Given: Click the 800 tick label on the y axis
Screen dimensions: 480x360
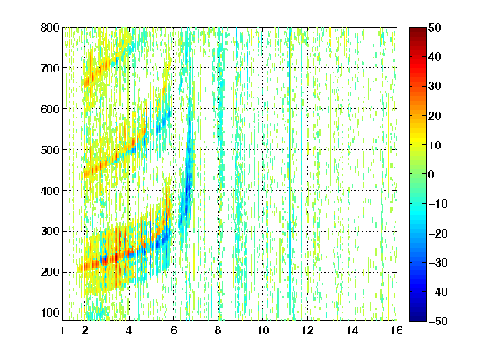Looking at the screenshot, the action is click(x=50, y=27).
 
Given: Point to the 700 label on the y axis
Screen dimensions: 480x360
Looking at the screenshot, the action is click(x=50, y=68).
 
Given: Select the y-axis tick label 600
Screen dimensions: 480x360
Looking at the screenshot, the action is click(x=50, y=109).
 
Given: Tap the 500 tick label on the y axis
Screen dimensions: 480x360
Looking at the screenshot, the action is click(x=50, y=150).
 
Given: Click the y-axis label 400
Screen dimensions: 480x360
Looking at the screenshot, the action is click(x=50, y=191).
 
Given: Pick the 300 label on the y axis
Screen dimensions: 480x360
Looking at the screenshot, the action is click(x=50, y=232).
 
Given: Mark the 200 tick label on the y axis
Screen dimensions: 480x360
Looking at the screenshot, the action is click(x=50, y=272).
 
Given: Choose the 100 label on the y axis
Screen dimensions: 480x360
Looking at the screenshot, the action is click(x=50, y=312).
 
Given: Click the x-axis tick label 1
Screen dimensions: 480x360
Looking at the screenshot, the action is click(x=62, y=330).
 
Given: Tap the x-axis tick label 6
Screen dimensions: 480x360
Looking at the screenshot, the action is click(x=174, y=330).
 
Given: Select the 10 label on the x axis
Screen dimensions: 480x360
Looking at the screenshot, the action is click(x=263, y=330).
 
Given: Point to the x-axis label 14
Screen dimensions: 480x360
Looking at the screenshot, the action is click(x=352, y=330).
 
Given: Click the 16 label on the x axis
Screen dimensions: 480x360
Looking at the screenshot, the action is click(x=397, y=330).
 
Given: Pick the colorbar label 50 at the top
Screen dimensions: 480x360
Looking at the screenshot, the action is click(x=434, y=27).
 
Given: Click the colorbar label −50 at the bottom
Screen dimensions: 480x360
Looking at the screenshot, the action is click(x=438, y=321).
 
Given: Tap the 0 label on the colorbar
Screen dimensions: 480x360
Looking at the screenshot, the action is click(x=432, y=174).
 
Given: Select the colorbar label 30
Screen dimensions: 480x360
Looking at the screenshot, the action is click(x=434, y=87).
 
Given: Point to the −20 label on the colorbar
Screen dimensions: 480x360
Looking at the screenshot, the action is click(x=438, y=233).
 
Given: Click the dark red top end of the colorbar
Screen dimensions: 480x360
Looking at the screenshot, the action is click(x=417, y=29).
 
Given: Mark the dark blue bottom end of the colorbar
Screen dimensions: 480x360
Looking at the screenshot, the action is click(x=417, y=318).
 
